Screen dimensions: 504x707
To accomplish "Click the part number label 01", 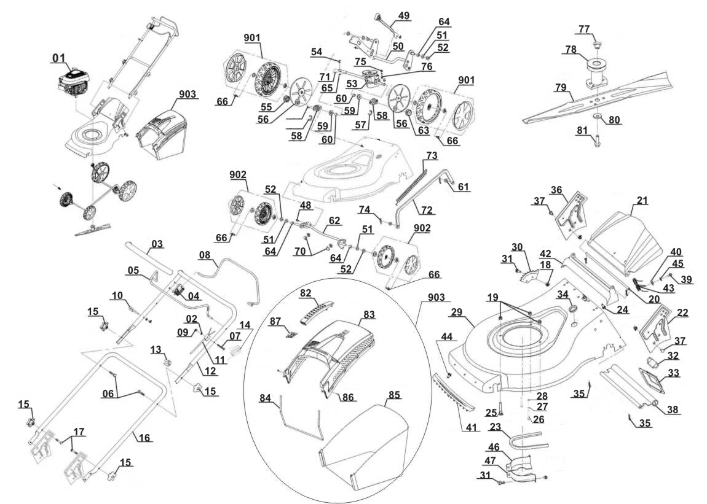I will coord(58,58).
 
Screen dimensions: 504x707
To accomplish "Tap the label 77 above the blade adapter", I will coord(583,29).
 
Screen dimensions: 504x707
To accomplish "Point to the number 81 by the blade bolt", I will coord(582,130).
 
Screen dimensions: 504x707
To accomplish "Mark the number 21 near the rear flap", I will coord(642,201).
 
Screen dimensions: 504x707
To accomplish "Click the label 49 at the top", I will coord(403,15).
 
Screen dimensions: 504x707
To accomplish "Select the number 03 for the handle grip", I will coord(157,245).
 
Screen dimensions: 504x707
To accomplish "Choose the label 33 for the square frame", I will coord(673,373).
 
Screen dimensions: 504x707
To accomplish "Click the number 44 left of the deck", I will coord(447,337).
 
